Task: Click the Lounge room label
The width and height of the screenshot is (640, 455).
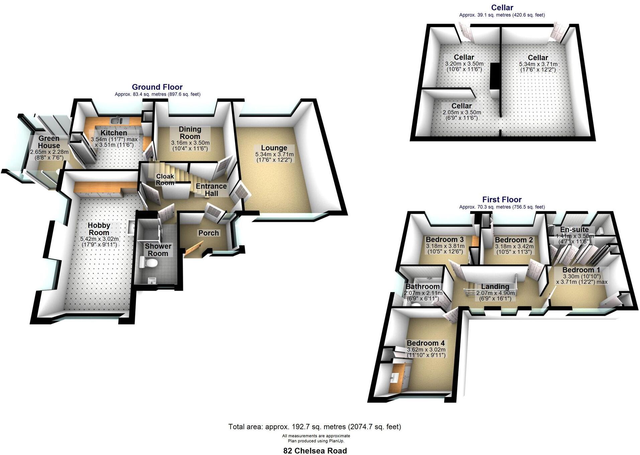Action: [x=274, y=148]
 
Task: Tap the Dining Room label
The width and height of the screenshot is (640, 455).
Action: [x=190, y=133]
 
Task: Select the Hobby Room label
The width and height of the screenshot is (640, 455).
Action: [x=99, y=229]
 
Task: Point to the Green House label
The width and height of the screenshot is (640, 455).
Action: [x=49, y=142]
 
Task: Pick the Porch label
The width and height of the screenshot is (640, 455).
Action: [x=208, y=233]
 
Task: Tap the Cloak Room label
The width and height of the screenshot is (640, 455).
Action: [x=165, y=179]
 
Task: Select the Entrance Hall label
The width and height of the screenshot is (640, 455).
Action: [x=211, y=190]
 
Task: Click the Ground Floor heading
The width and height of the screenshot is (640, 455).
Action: [x=157, y=87]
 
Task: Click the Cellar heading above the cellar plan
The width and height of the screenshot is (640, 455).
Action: [x=502, y=7]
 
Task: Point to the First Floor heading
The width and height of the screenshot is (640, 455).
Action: [x=502, y=199]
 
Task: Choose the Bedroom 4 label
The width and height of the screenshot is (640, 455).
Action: [x=425, y=343]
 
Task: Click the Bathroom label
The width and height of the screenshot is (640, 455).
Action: [x=422, y=286]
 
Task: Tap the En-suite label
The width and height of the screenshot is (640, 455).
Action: [x=574, y=230]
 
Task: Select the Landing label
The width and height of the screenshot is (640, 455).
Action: [x=495, y=286]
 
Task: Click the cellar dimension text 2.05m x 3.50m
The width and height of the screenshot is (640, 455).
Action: [x=461, y=112]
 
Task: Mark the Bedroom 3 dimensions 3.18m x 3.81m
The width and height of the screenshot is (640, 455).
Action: [x=445, y=246]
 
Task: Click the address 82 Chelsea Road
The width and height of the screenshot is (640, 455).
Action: [x=315, y=451]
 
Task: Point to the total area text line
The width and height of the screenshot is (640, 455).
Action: [x=314, y=427]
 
